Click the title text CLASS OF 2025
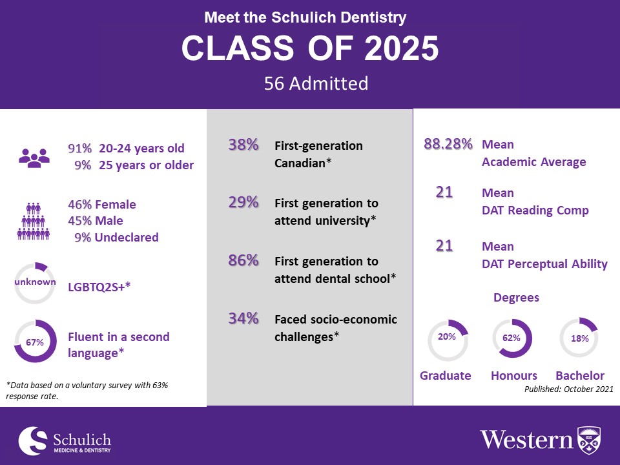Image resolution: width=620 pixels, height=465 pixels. point(310,48)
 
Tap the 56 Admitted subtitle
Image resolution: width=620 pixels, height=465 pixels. point(316,83)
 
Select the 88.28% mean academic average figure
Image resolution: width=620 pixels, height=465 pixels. point(448,144)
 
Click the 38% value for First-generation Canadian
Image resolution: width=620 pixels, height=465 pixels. point(243,145)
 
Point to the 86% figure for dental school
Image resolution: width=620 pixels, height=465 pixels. point(243,261)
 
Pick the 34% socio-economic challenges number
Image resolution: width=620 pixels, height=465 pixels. point(243,318)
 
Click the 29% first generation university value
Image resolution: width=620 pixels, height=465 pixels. point(243,202)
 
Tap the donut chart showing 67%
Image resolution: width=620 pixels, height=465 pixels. point(35,341)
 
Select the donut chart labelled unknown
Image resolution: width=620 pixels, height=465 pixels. point(35,283)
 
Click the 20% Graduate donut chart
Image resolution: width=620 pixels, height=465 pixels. point(448,338)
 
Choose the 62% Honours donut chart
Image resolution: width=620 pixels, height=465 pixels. point(512,338)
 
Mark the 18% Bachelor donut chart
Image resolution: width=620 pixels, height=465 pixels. point(579,338)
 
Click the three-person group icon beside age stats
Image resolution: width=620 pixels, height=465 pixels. point(34,156)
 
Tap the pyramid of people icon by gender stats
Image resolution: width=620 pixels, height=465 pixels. point(34,221)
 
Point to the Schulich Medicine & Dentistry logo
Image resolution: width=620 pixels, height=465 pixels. point(65,440)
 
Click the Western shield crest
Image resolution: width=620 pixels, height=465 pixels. point(588,439)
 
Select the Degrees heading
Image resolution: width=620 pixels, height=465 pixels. point(516,298)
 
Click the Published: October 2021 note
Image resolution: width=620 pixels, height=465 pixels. point(568,389)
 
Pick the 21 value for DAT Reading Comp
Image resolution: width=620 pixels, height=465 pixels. point(444,192)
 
